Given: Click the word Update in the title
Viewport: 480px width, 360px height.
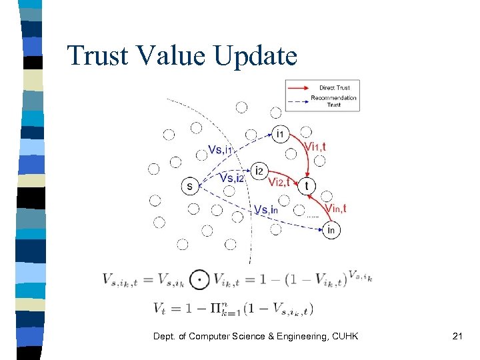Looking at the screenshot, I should [x=257, y=56].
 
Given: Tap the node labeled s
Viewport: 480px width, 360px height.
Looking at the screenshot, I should [x=190, y=187].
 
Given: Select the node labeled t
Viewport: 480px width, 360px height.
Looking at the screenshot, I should [x=307, y=186].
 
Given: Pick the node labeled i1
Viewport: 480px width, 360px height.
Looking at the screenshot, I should [x=280, y=134].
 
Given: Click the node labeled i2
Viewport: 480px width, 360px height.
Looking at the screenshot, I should [x=260, y=171].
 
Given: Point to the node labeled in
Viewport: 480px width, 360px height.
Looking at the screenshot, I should [x=332, y=231].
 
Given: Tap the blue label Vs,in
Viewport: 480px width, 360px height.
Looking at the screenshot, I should [x=266, y=210].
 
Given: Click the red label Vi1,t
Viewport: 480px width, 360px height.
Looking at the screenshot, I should [x=315, y=147].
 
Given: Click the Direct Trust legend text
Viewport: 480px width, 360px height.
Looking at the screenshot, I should [x=335, y=87].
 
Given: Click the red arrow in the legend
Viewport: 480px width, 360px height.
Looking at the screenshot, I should [x=300, y=87].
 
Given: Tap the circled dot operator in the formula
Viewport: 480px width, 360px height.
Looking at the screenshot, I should [x=199, y=279].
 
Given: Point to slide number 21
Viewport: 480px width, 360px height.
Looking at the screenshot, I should [x=457, y=336].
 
